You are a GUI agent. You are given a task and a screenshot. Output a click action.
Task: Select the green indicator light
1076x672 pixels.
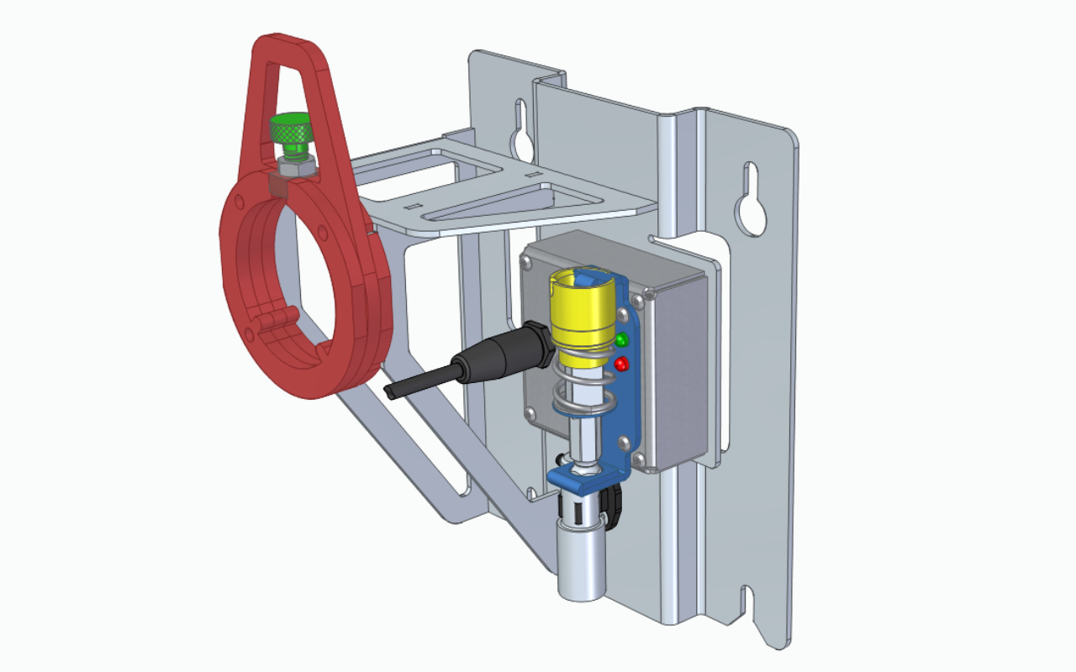tap(622, 340)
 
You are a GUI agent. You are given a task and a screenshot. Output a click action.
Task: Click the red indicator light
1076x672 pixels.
tap(622, 365)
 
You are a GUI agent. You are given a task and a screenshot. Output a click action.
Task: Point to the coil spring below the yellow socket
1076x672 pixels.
tap(580, 395)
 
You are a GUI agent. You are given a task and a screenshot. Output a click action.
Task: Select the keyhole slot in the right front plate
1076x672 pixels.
tap(750, 200)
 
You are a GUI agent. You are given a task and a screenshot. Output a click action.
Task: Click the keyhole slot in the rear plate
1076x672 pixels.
tap(520, 129)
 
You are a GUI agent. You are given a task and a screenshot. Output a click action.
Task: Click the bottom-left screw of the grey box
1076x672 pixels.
tap(533, 412)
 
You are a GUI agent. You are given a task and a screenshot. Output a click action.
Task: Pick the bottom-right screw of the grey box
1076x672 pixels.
tap(639, 459)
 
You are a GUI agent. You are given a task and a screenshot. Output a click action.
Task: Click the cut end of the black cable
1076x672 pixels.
tap(389, 392)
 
